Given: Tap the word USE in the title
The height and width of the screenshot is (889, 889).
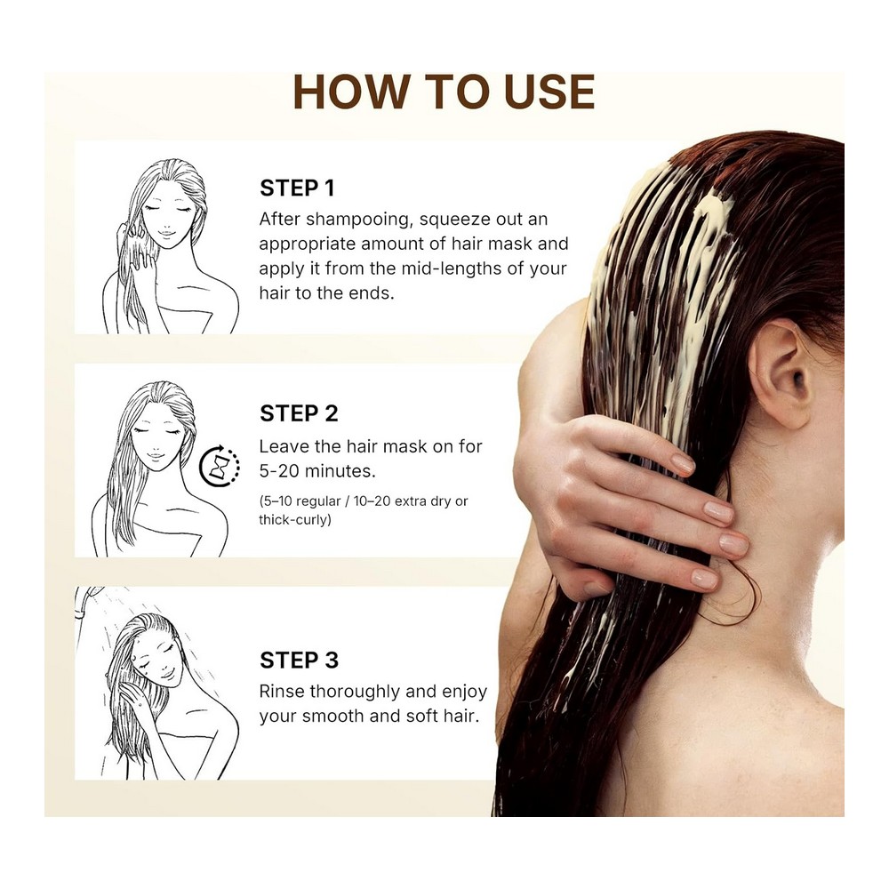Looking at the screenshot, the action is [549, 92].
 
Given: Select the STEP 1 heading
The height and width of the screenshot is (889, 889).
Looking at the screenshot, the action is [297, 188].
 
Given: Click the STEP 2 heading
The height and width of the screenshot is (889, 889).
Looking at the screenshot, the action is [299, 413].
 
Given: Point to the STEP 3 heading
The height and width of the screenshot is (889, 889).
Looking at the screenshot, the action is [299, 660].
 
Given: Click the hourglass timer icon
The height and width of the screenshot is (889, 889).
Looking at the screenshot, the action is [220, 467].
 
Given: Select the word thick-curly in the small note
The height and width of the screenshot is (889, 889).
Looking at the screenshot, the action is [295, 520].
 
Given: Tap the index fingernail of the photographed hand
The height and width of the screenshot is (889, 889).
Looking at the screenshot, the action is [683, 462].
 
